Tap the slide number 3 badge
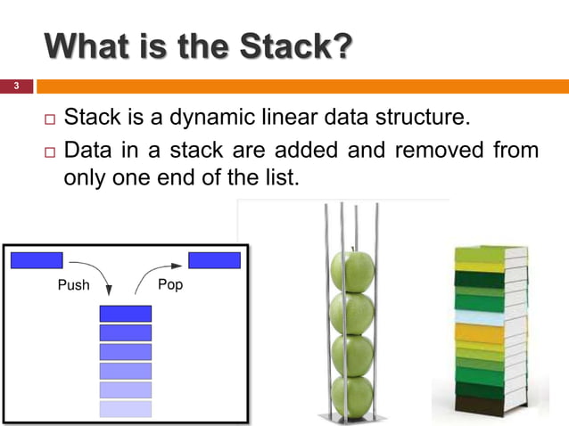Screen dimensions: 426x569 coord(15,86)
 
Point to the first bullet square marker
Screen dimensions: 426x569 coord(49,119)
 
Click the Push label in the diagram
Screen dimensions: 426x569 coord(72,285)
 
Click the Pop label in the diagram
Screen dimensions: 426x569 coord(169,285)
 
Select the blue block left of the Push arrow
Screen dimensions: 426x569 coord(37,260)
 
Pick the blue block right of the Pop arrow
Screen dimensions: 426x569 coord(214,260)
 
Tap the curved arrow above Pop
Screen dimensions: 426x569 coord(152,271)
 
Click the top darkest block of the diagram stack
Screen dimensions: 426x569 coord(125,314)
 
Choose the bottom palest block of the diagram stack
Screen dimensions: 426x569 coord(125,409)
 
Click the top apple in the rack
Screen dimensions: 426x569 coord(352,271)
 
